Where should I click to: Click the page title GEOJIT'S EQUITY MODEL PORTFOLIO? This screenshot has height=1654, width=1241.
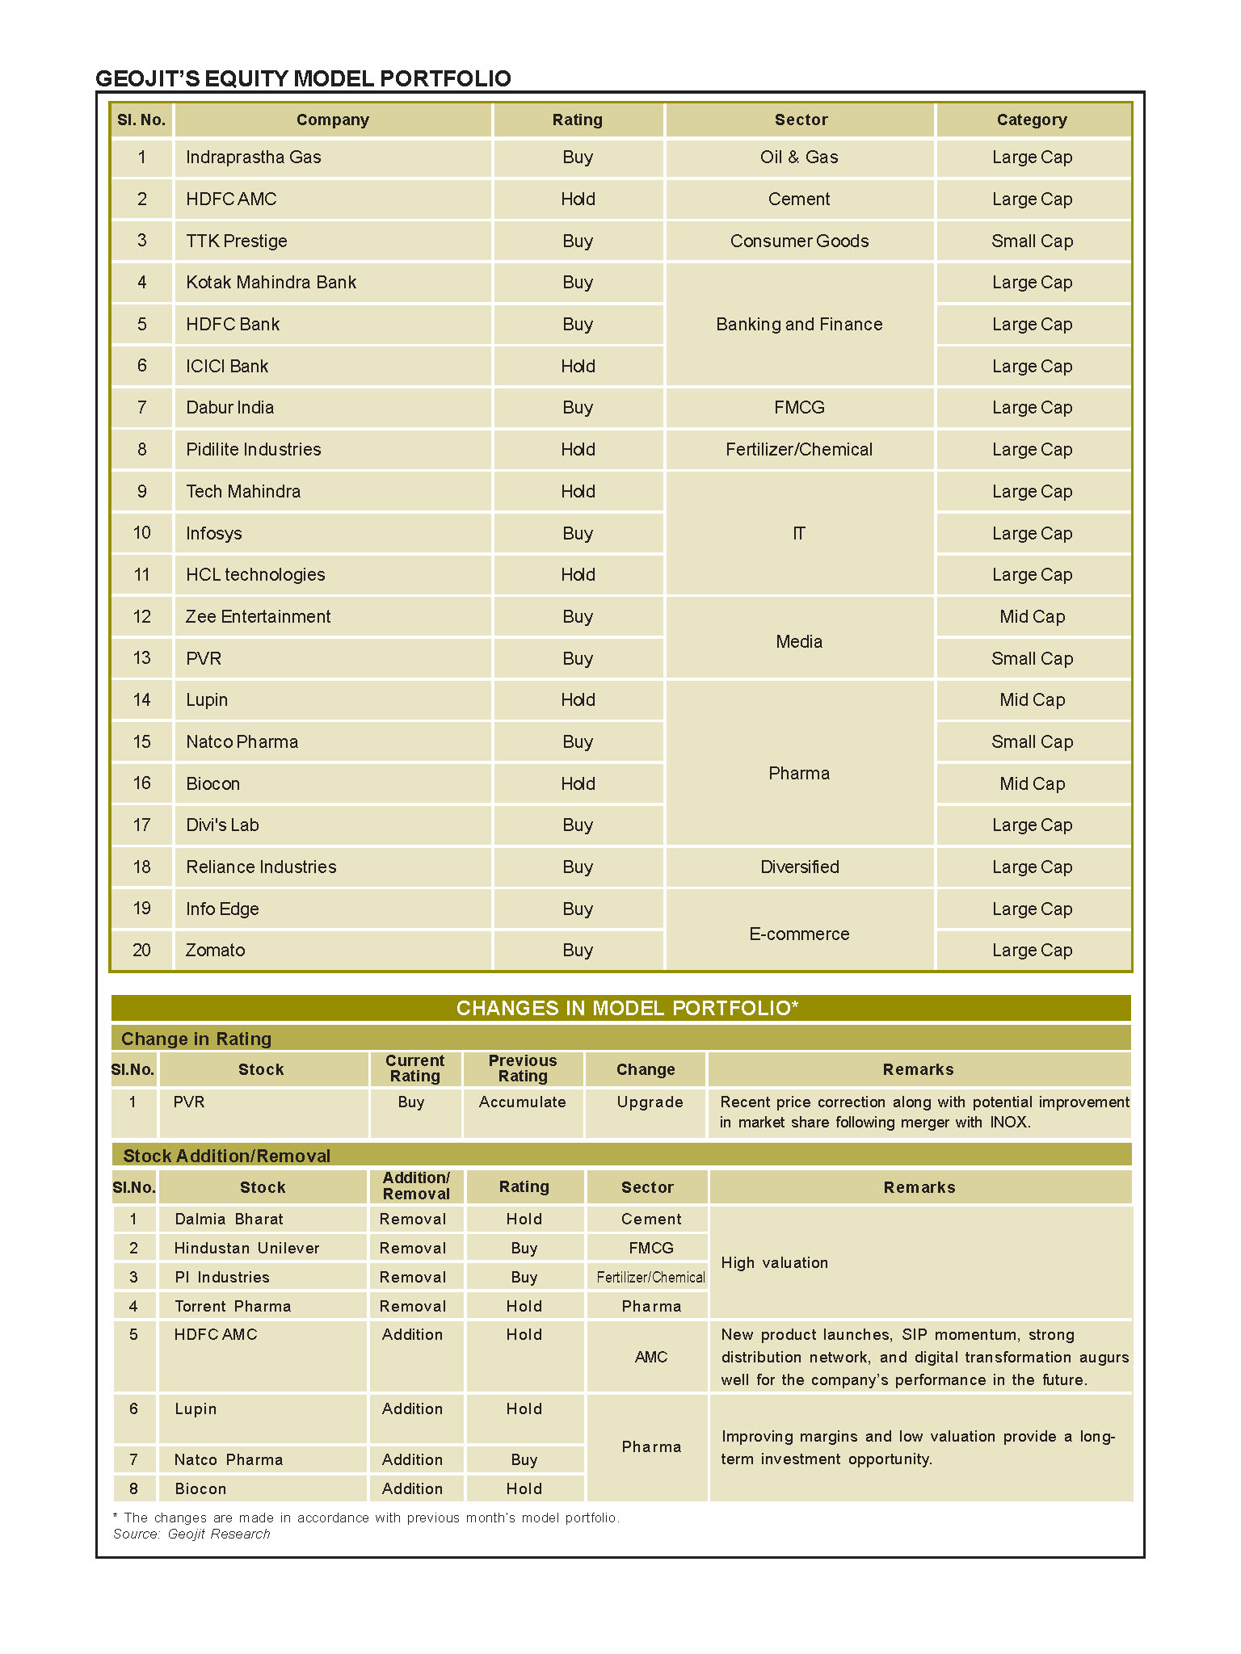pos(303,78)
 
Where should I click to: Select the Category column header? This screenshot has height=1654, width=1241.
pos(1032,120)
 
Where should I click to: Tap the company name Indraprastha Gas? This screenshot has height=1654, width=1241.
pos(253,157)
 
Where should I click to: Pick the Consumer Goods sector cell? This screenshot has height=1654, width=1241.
pos(799,241)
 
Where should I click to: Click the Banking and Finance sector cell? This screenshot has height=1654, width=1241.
pos(799,325)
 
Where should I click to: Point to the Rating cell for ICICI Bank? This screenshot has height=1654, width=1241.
pos(578,367)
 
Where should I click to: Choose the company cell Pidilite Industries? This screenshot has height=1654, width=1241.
pos(253,450)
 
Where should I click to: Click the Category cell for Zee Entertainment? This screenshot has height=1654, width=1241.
pos(1032,617)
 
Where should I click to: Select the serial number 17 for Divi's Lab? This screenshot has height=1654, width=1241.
pos(141,825)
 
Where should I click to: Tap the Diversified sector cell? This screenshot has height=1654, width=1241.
pos(799,867)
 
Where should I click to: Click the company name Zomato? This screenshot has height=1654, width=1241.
pos(215,951)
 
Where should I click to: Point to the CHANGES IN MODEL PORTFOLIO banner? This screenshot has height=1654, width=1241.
pos(627,1008)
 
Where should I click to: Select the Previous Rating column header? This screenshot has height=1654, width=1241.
pos(523,1068)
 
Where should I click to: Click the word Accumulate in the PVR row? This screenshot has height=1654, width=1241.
pos(522,1102)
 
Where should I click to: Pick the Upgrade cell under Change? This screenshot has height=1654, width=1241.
pos(650,1102)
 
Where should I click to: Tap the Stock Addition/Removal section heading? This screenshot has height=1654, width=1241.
pos(226,1156)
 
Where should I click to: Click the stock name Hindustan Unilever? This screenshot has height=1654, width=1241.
pos(246,1249)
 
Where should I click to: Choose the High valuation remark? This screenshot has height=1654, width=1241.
pos(774,1263)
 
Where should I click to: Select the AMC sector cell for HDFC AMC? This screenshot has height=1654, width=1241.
pos(651,1358)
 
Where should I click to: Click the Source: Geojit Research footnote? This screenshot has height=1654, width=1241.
pos(191,1534)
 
